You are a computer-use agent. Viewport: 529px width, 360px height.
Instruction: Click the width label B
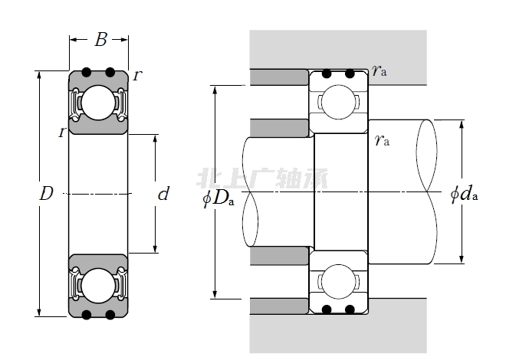click(x=100, y=41)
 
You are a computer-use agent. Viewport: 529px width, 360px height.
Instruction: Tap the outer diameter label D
click(x=46, y=195)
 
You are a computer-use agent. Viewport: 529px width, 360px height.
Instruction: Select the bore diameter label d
click(x=163, y=195)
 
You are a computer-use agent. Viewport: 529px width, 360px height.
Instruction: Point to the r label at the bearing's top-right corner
click(x=137, y=75)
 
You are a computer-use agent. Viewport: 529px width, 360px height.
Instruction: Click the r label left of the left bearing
click(x=61, y=132)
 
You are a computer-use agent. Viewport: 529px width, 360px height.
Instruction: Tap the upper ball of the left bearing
click(x=98, y=103)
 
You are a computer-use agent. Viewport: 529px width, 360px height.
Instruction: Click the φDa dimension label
click(x=219, y=199)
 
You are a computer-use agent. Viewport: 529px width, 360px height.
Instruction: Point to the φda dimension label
click(x=464, y=195)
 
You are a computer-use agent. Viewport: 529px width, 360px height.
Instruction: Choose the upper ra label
click(x=379, y=71)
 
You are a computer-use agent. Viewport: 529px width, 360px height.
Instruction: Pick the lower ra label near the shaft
click(x=382, y=140)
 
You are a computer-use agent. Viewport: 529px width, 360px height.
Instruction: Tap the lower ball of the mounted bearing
click(x=337, y=280)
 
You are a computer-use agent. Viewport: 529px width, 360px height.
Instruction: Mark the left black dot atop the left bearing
click(x=87, y=73)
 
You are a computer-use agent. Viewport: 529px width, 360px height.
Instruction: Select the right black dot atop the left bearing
click(x=110, y=73)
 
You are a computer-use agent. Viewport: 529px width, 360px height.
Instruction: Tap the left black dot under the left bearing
click(x=87, y=315)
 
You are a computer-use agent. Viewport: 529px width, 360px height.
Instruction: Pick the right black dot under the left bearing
click(x=110, y=315)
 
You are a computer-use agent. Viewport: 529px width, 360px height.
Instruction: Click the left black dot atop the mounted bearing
click(x=327, y=74)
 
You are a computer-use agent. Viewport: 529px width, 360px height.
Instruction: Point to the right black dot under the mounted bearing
click(x=350, y=309)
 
